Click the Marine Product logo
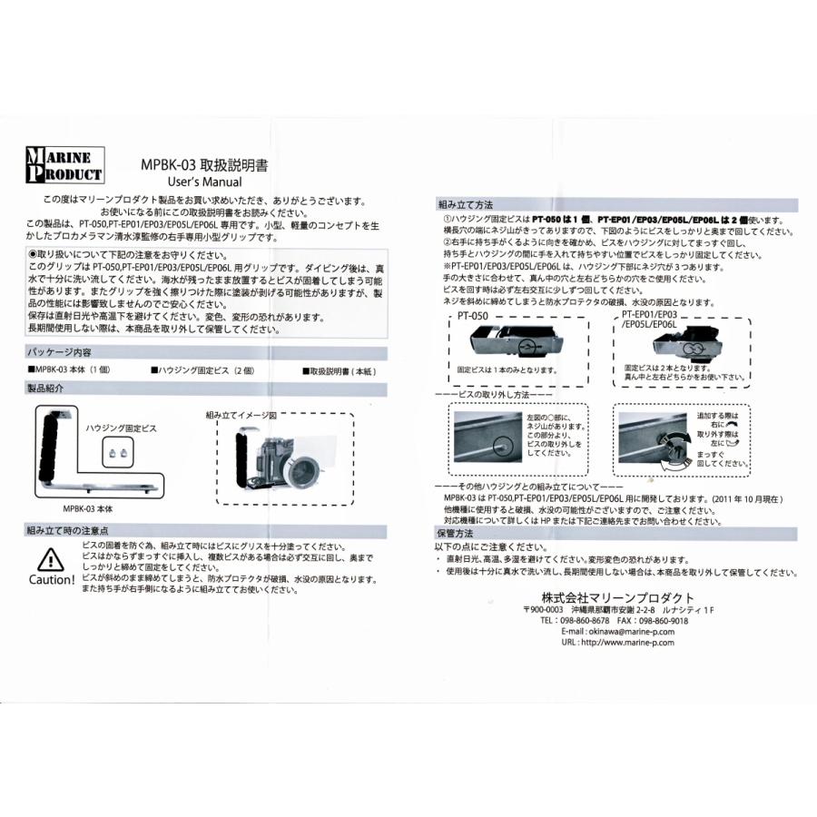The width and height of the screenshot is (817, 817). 64,164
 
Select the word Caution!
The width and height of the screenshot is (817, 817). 52,580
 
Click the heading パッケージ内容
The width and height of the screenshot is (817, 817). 59,351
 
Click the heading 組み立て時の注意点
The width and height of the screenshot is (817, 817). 69,529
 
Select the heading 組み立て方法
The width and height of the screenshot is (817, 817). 466,206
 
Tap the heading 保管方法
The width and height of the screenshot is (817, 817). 458,534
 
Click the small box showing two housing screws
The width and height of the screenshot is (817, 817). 115,449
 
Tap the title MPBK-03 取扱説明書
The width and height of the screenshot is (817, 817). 204,165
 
